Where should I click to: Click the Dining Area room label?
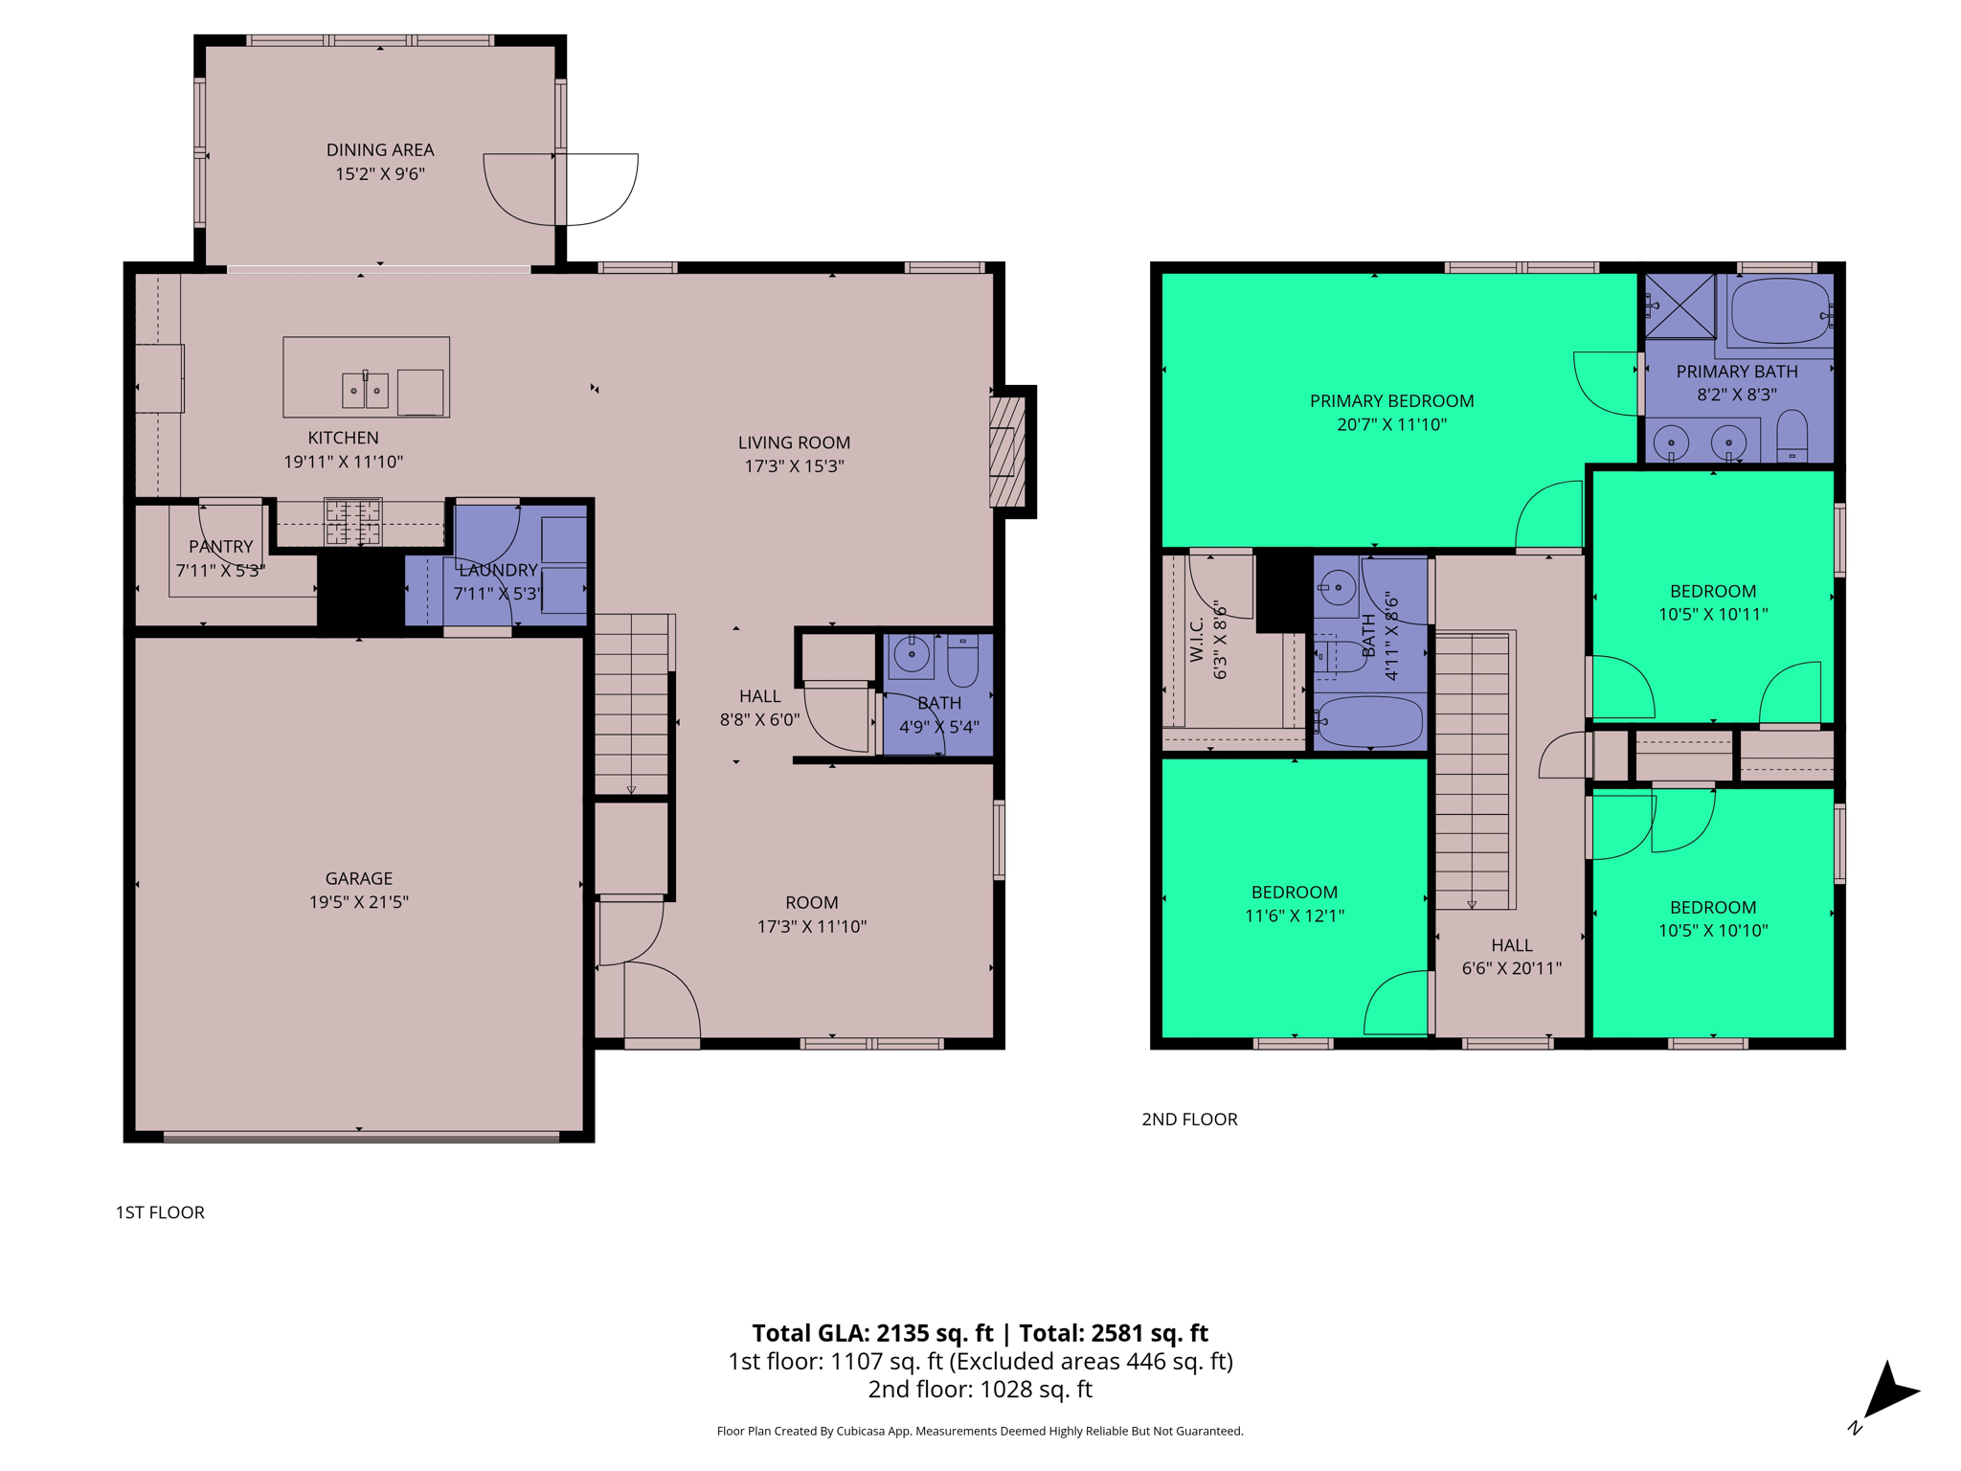pyautogui.click(x=380, y=150)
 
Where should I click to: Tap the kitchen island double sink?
pyautogui.click(x=365, y=390)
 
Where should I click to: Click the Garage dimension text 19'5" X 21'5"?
pyautogui.click(x=358, y=902)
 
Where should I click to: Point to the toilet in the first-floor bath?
pyautogui.click(x=962, y=660)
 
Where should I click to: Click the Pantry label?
pyautogui.click(x=220, y=547)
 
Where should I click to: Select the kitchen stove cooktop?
pyautogui.click(x=352, y=522)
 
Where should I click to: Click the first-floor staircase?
pyautogui.click(x=631, y=704)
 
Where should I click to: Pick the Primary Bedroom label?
pyautogui.click(x=1391, y=401)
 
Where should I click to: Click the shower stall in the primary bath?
pyautogui.click(x=1679, y=306)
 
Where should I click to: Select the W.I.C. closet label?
pyautogui.click(x=1197, y=640)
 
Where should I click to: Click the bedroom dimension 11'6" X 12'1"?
pyautogui.click(x=1294, y=916)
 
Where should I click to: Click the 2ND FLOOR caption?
pyautogui.click(x=1189, y=1120)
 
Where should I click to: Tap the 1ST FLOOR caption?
pyautogui.click(x=160, y=1212)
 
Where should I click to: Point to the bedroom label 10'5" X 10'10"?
pyautogui.click(x=1712, y=930)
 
